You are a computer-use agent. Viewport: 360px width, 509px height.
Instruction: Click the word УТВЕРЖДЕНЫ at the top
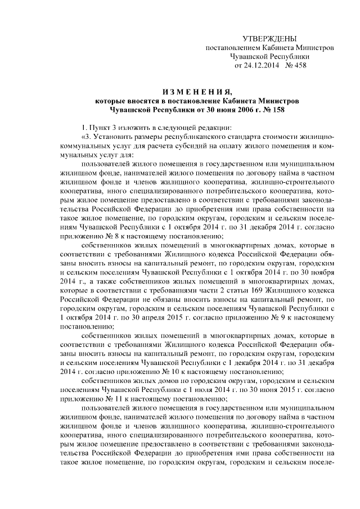click(269, 38)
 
